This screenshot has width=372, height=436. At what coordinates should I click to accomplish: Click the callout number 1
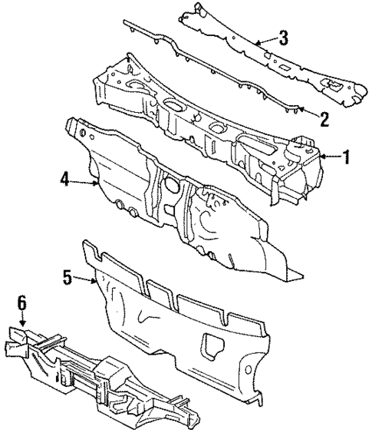pyautogui.click(x=346, y=158)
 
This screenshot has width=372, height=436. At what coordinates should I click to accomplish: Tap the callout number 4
pyautogui.click(x=67, y=180)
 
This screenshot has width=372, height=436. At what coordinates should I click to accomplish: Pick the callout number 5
pyautogui.click(x=68, y=278)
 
